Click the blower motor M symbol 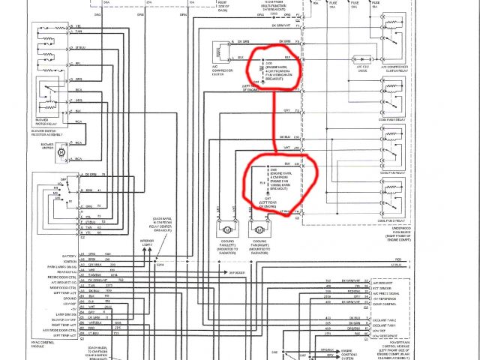[x=61, y=153]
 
